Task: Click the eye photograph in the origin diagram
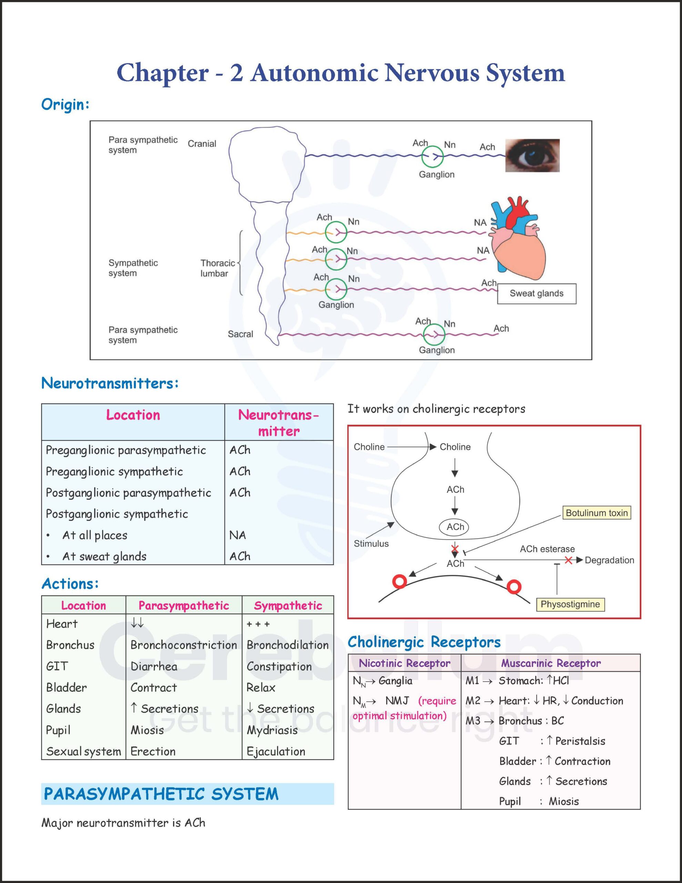(x=532, y=155)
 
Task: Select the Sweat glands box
(x=537, y=294)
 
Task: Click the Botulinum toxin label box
(x=596, y=513)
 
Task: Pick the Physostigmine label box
(x=570, y=604)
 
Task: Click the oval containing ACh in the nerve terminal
(x=455, y=527)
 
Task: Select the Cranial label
(x=202, y=143)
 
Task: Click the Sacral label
(x=241, y=334)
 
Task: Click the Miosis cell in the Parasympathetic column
(x=147, y=730)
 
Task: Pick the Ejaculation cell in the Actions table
(x=276, y=752)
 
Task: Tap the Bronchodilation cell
(x=288, y=645)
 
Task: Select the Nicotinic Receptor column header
(x=405, y=663)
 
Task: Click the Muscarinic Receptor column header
(x=551, y=663)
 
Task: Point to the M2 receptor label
(x=473, y=700)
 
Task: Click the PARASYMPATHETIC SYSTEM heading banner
(x=187, y=794)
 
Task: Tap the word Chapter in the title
(x=163, y=73)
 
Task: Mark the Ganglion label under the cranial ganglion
(x=437, y=174)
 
